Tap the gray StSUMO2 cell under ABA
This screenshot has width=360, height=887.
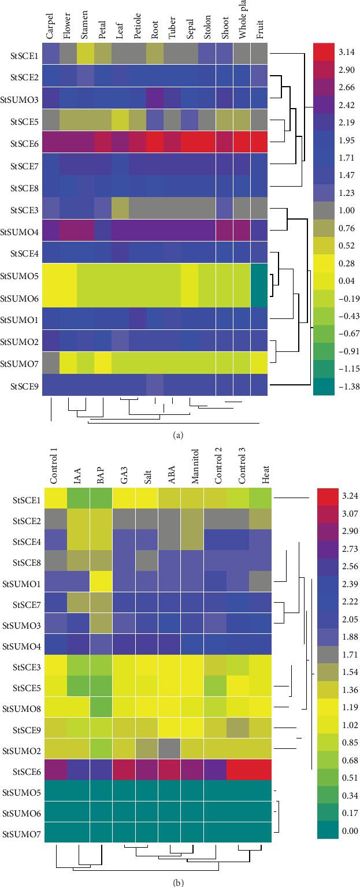(x=169, y=748)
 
